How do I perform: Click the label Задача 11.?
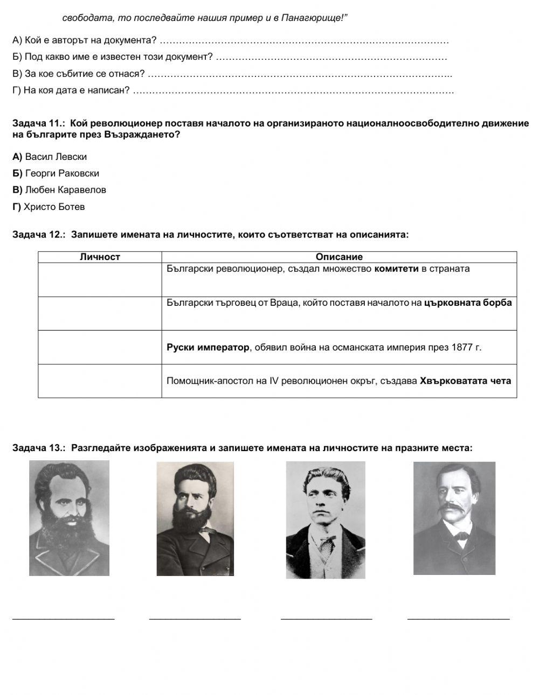pos(38,123)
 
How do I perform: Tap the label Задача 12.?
pos(38,235)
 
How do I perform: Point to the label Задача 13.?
pos(38,447)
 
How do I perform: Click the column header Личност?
pos(100,257)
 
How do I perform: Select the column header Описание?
pos(339,257)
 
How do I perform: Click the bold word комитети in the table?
pos(396,269)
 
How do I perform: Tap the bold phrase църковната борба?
pos(468,303)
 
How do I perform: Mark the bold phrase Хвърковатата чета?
pos(465,381)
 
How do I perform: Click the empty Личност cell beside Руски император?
pos(100,347)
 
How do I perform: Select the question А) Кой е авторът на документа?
pos(85,40)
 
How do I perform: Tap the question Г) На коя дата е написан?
pos(71,90)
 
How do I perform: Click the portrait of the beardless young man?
pos(325,520)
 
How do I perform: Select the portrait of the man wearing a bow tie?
pos(454,518)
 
